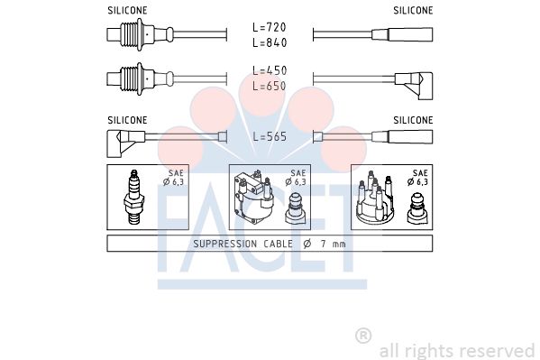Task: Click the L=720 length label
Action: pos(270,27)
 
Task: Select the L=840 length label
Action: pos(270,42)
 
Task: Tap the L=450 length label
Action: pos(270,70)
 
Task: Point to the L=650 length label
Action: pos(270,86)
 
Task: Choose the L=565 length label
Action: pos(270,136)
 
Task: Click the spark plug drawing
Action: pos(134,198)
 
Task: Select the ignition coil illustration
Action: pos(253,198)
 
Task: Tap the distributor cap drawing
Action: pos(375,198)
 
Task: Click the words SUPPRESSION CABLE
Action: pos(243,244)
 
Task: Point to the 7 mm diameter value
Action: pos(333,245)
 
